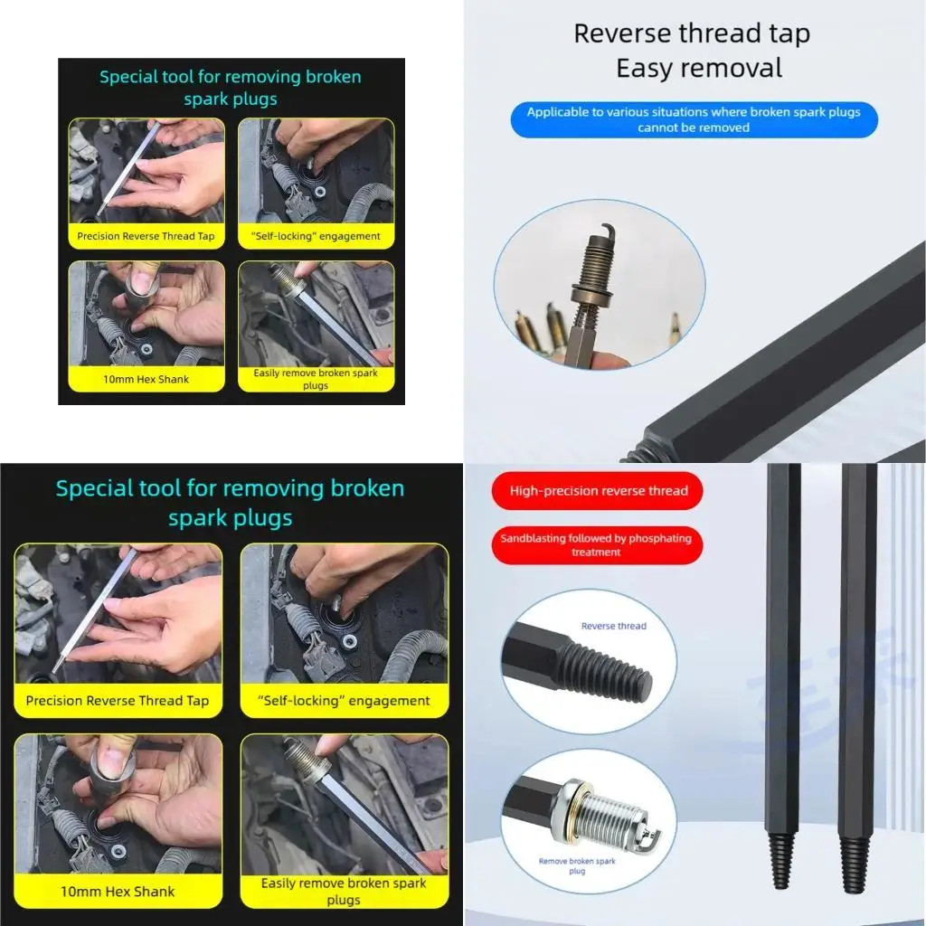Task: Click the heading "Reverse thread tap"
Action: [692, 34]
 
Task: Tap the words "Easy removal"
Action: [699, 68]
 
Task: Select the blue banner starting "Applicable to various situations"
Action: [694, 119]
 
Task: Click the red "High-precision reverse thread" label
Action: [598, 491]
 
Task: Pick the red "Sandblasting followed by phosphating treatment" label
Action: [596, 544]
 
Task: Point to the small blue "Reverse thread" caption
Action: [613, 626]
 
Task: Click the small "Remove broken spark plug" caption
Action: [577, 865]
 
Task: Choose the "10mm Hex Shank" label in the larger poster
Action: [118, 891]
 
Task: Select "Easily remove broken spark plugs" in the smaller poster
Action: [316, 379]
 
